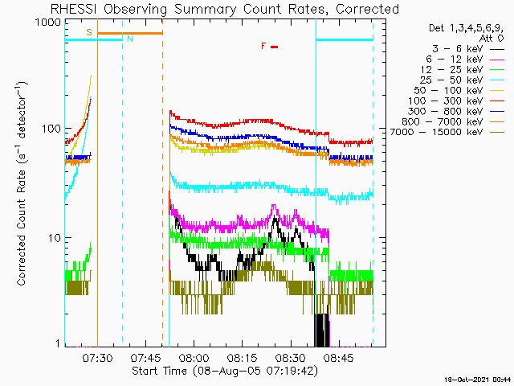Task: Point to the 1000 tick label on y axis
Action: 48,23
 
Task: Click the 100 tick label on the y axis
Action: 51,129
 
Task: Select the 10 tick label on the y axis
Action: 55,238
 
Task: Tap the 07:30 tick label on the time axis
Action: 97,357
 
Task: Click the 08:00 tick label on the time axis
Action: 194,357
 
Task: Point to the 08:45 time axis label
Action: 339,357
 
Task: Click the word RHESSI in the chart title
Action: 73,9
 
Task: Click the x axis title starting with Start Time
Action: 225,372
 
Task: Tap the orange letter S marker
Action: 89,32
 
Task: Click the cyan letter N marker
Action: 130,39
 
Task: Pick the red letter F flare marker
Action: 263,47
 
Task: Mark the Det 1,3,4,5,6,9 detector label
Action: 466,28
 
